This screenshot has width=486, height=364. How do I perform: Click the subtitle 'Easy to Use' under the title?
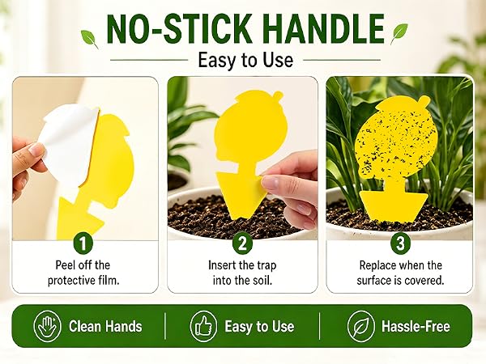(x=245, y=60)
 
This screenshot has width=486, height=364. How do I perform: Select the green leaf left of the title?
(x=89, y=38)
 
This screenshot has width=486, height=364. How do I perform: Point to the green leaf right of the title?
(x=399, y=33)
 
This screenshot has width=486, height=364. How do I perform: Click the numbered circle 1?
(x=83, y=243)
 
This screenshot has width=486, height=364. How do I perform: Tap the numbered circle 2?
(x=243, y=243)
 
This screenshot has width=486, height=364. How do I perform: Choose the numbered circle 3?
(x=400, y=243)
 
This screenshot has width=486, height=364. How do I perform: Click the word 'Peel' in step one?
(x=65, y=265)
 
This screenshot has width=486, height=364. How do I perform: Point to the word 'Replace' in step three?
(x=377, y=265)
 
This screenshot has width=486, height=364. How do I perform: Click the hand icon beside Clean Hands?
(x=45, y=326)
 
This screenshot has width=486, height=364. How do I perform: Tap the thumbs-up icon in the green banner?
(x=203, y=326)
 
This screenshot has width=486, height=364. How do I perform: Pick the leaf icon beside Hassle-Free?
(x=360, y=326)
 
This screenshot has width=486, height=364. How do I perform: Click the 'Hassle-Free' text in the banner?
(x=416, y=326)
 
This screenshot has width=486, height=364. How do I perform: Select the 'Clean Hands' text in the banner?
(x=105, y=326)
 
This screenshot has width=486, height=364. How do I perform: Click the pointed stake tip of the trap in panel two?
(x=238, y=218)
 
